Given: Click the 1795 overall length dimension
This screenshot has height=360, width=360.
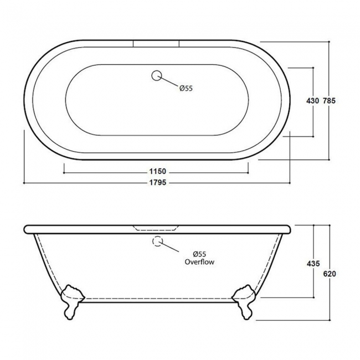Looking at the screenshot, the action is [x=158, y=183].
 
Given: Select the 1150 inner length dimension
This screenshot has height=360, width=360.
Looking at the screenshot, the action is [x=158, y=171].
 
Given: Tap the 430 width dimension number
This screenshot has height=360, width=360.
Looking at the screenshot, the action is [x=313, y=101].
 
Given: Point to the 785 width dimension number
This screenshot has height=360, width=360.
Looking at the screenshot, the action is [x=329, y=101].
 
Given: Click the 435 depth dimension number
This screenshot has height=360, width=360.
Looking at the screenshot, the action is [x=313, y=264].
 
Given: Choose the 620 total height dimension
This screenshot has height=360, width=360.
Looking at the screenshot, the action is [x=330, y=274].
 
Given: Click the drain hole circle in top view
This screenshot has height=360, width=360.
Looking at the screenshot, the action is [x=157, y=75].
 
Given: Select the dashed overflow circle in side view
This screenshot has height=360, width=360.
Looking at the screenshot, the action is [x=157, y=241].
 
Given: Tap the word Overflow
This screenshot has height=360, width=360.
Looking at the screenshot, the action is [x=199, y=262].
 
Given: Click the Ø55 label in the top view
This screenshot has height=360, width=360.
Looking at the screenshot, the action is [x=186, y=88].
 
